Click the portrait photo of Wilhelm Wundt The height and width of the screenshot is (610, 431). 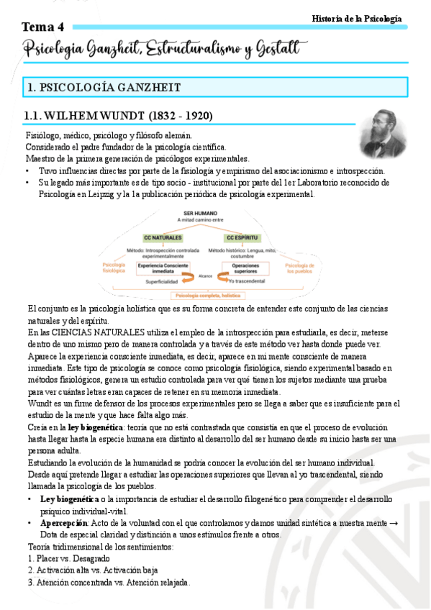click(383, 134)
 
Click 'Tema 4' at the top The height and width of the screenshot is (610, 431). click(43, 27)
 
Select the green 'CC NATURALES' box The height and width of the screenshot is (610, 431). click(163, 237)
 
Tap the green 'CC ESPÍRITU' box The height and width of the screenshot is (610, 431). click(242, 237)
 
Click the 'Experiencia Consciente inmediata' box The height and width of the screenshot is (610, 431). click(161, 268)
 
